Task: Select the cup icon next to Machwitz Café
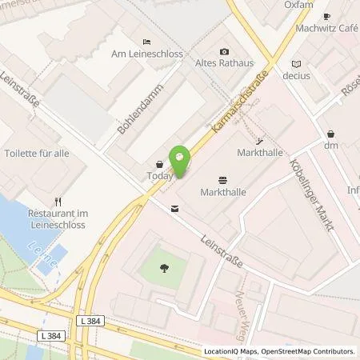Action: (x=326, y=16)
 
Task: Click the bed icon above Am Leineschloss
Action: (x=145, y=41)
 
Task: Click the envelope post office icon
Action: (x=174, y=209)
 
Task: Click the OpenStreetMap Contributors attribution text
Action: (x=313, y=351)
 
